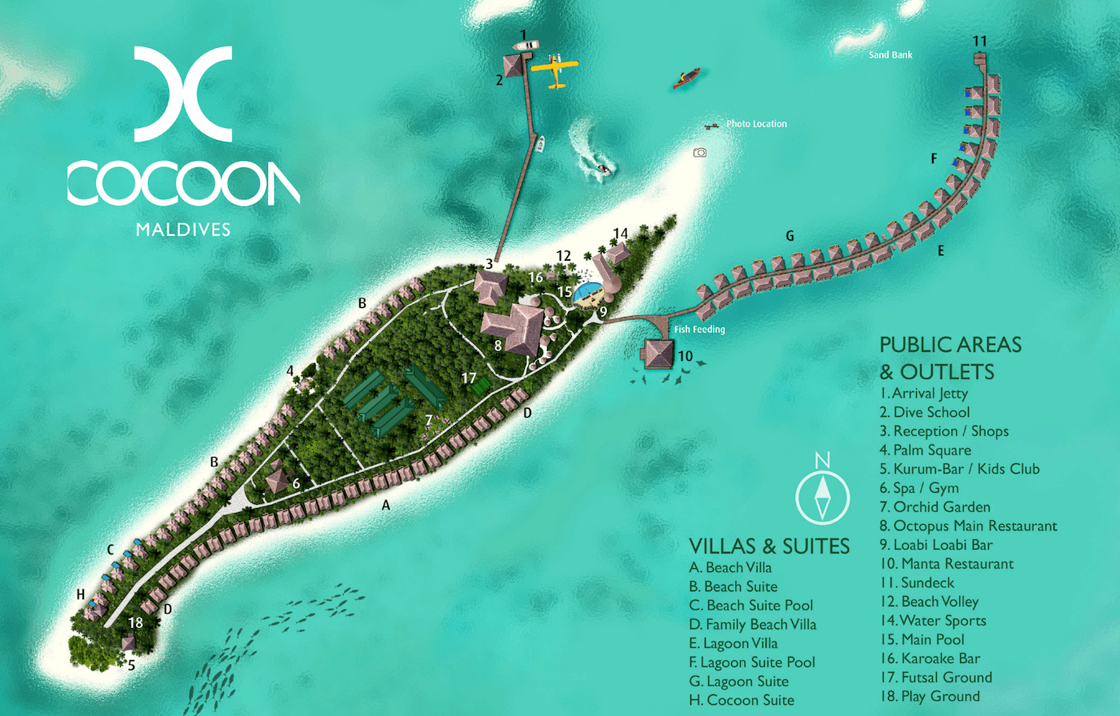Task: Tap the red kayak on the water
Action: click(x=686, y=78)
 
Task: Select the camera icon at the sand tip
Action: click(x=700, y=152)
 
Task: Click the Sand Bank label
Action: click(x=890, y=55)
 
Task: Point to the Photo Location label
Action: click(x=756, y=124)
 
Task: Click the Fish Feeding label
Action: click(x=699, y=330)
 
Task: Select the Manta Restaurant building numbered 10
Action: click(x=659, y=353)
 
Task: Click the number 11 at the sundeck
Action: click(x=980, y=42)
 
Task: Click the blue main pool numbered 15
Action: click(x=588, y=293)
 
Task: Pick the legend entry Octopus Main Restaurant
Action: click(x=968, y=526)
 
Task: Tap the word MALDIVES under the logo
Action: click(x=183, y=230)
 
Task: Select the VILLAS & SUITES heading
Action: click(x=769, y=546)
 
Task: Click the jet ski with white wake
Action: click(x=603, y=168)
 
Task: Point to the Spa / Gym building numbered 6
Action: click(x=278, y=481)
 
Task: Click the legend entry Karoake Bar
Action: click(x=930, y=658)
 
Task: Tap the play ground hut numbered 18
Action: click(x=128, y=642)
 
